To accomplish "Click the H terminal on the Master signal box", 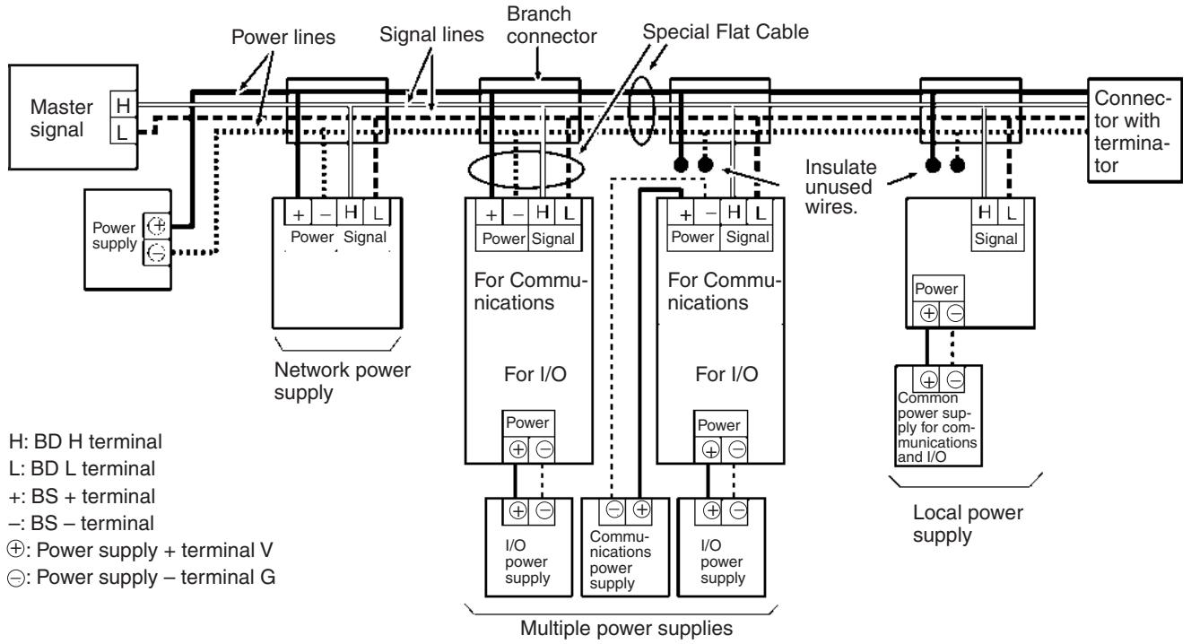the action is [x=124, y=105].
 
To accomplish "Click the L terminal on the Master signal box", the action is [x=124, y=131].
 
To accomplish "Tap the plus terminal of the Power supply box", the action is [x=156, y=226].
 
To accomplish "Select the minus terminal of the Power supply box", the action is [x=156, y=252].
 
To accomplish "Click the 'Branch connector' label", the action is [x=552, y=25].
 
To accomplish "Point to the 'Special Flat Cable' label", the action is [x=726, y=32].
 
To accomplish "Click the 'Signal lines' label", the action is [x=431, y=35].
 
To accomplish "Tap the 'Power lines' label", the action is [x=283, y=38].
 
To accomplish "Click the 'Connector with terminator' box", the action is [x=1134, y=130].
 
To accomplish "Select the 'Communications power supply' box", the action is [x=625, y=547].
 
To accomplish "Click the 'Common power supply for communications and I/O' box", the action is [x=938, y=416].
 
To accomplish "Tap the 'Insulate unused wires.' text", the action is [x=840, y=187].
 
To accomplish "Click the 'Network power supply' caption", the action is [x=342, y=381].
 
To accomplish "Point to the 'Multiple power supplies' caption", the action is [x=626, y=628].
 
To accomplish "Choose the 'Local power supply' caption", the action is [x=968, y=524].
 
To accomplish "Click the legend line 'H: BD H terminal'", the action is [x=85, y=441].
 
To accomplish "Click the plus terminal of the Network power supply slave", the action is [x=299, y=213].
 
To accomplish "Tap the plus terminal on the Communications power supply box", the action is [x=642, y=509].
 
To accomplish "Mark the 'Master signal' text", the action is [x=61, y=118].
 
